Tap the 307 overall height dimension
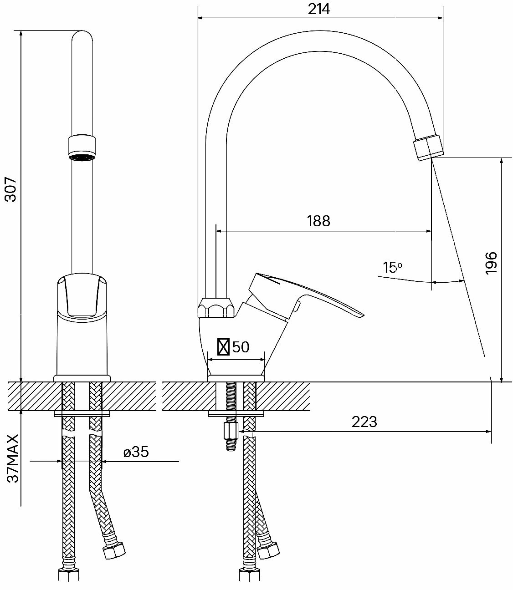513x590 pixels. click(x=10, y=189)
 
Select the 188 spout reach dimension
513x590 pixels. click(x=318, y=221)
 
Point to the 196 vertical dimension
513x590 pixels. click(x=491, y=263)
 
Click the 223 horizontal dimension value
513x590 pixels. click(x=364, y=422)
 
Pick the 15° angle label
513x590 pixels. click(x=392, y=267)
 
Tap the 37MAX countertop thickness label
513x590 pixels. click(x=13, y=458)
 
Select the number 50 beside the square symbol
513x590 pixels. click(x=241, y=347)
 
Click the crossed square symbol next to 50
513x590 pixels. click(x=223, y=347)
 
